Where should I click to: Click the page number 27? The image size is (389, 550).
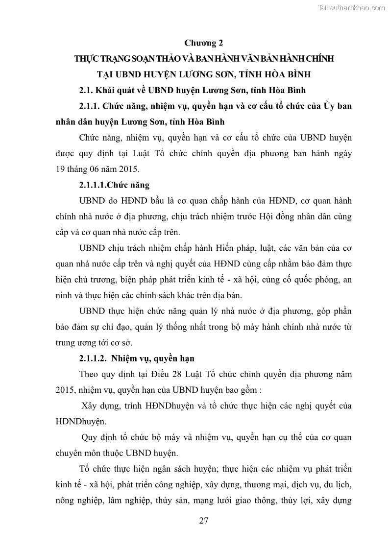click(204, 520)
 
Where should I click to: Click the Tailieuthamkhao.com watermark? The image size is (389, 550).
click(352, 7)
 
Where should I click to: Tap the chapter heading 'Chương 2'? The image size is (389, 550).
click(203, 43)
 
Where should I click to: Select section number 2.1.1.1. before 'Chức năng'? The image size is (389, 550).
click(93, 185)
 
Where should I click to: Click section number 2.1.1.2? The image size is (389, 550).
click(93, 358)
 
